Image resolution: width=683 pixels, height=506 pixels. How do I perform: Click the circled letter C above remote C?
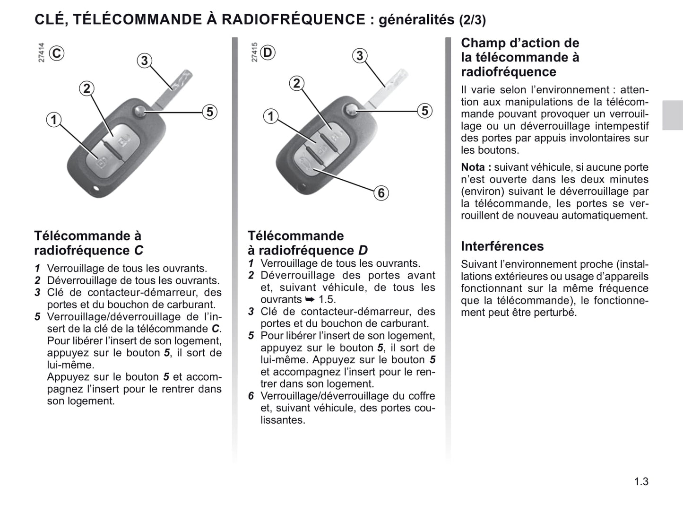[57, 53]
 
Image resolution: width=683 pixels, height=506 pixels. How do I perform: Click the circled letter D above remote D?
[268, 52]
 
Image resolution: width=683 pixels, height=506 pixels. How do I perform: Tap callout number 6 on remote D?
[381, 193]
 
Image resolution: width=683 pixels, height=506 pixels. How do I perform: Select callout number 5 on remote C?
[209, 112]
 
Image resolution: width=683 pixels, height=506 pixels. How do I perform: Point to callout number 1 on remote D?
[271, 116]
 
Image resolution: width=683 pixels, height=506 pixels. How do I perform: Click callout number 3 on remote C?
[145, 61]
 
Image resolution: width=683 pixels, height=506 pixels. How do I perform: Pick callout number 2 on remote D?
[296, 84]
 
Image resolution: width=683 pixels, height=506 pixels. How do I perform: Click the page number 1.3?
[641, 481]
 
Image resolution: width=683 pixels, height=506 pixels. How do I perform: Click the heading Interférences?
[502, 246]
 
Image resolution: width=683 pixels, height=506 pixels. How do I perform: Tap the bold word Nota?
[473, 167]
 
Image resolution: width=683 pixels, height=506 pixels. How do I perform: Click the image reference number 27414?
[42, 52]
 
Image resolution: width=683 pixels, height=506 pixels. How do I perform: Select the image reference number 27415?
[255, 52]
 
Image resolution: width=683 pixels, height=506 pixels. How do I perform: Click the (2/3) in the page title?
[472, 20]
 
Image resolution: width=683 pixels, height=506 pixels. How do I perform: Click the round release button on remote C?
[140, 112]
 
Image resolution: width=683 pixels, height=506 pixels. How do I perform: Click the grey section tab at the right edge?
[672, 115]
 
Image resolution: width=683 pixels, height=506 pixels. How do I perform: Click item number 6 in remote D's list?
[251, 396]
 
